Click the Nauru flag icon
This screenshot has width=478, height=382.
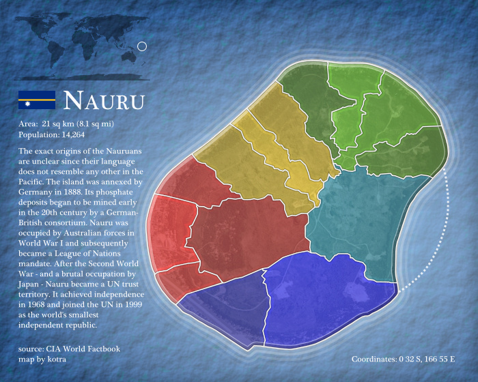(x=36, y=100)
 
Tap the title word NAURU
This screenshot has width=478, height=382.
(x=104, y=101)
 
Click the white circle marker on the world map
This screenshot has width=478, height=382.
(x=142, y=46)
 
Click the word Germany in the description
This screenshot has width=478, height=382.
(x=36, y=193)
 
